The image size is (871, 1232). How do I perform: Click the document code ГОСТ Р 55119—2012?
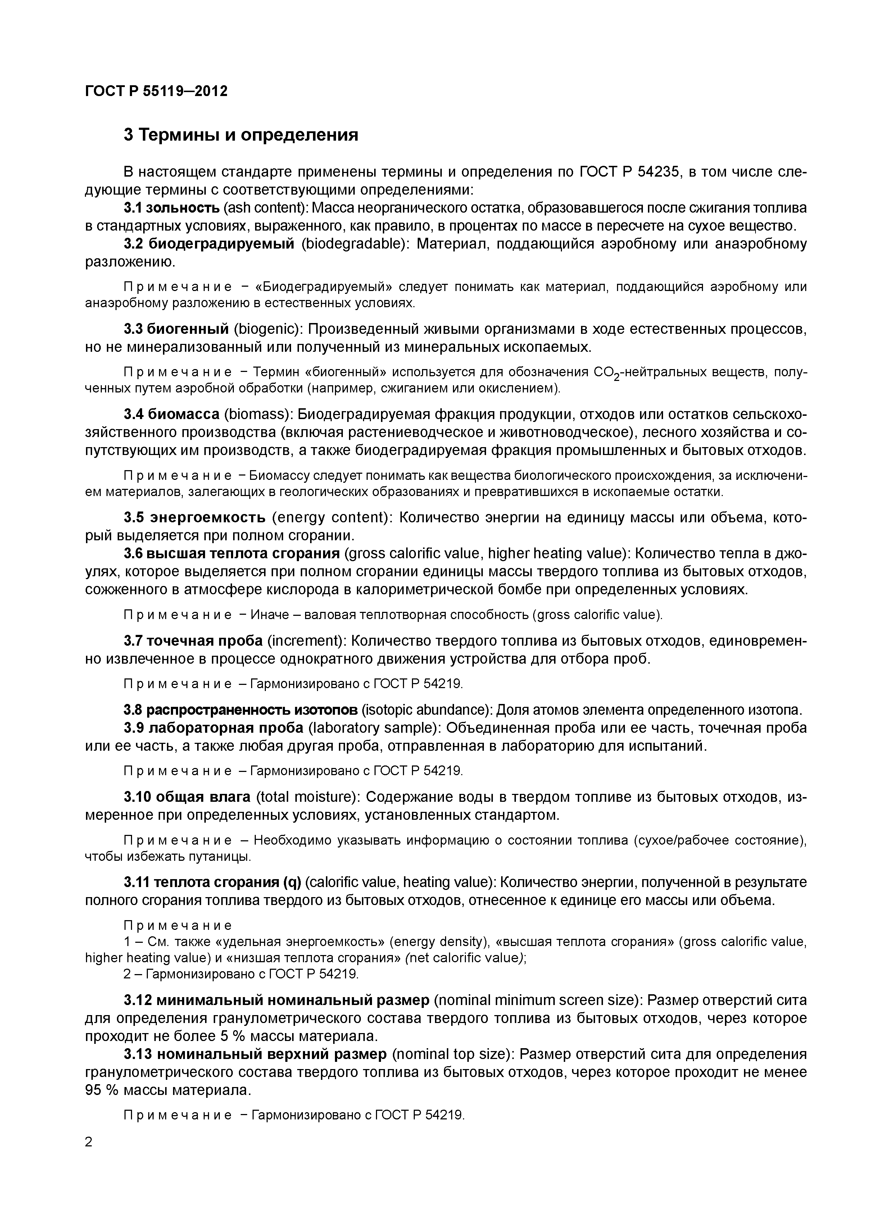156,91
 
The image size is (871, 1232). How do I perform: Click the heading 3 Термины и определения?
240,135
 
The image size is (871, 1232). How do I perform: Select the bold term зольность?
183,208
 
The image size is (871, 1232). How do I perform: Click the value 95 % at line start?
102,1091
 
